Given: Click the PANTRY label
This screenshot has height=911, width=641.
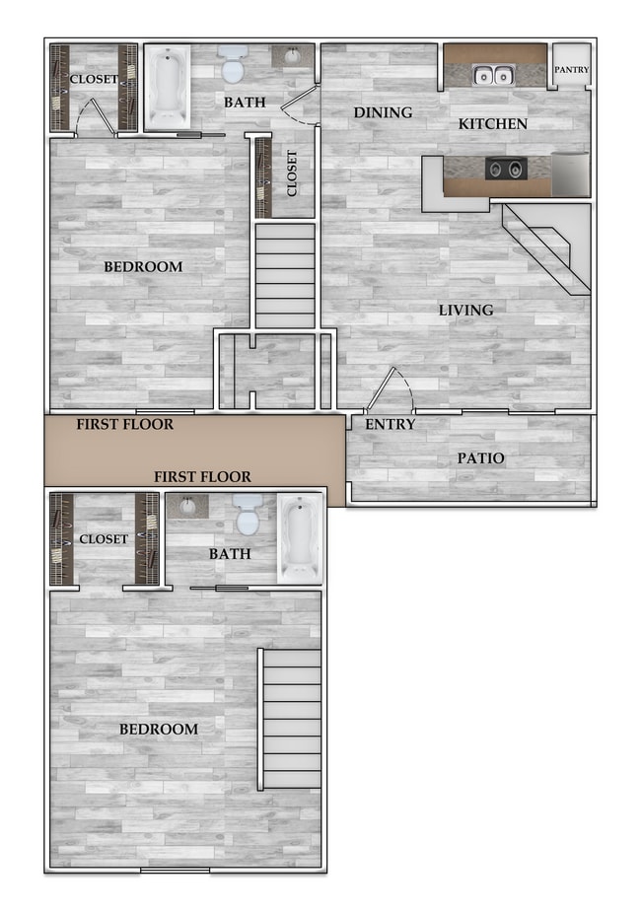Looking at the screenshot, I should pos(571,70).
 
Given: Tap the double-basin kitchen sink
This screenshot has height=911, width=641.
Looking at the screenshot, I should pos(493,74).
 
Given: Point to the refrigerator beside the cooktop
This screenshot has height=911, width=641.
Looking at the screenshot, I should pos(570,174).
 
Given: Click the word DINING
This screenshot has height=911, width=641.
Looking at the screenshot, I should pos(383,112).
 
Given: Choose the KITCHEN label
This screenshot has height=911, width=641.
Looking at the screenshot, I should pos(492,124).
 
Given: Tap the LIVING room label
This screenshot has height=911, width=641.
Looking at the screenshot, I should pos(465,311).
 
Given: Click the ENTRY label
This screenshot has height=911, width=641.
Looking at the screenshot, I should pos(390,425).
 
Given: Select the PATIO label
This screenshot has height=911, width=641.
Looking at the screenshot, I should pos(480,458).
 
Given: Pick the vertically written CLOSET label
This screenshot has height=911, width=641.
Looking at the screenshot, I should pos(292,174).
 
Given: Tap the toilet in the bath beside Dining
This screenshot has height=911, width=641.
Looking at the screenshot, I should pos(234,64).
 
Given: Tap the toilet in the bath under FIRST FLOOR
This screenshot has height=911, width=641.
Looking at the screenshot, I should pos(248,513).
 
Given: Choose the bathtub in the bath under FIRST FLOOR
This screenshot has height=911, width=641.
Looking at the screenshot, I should pos(299,537).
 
